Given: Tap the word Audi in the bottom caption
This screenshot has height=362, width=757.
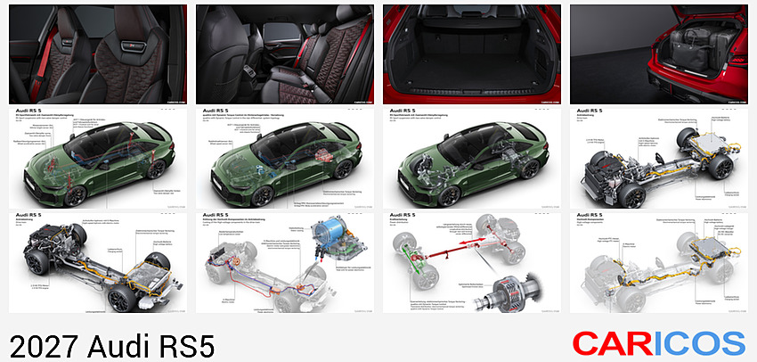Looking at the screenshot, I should click(110, 344).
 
